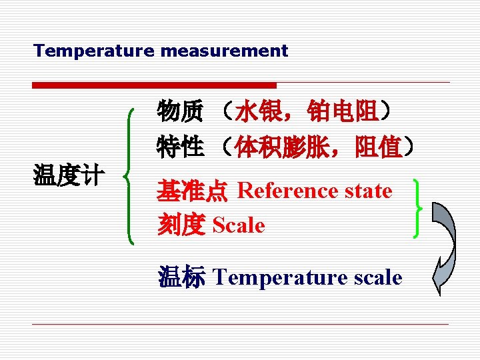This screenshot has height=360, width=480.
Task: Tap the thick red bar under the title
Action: click(x=154, y=85)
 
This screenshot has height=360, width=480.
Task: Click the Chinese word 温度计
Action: click(x=69, y=176)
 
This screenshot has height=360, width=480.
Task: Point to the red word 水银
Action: click(x=257, y=111)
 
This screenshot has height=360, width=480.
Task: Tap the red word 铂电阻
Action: click(x=343, y=111)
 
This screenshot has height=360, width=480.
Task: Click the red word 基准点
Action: click(x=192, y=191)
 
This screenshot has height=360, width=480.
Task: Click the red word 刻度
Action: click(x=180, y=226)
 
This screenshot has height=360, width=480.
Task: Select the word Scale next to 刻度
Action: click(x=239, y=226)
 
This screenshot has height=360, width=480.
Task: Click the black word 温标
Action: click(x=181, y=277)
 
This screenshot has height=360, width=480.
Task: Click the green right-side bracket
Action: click(x=418, y=207)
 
